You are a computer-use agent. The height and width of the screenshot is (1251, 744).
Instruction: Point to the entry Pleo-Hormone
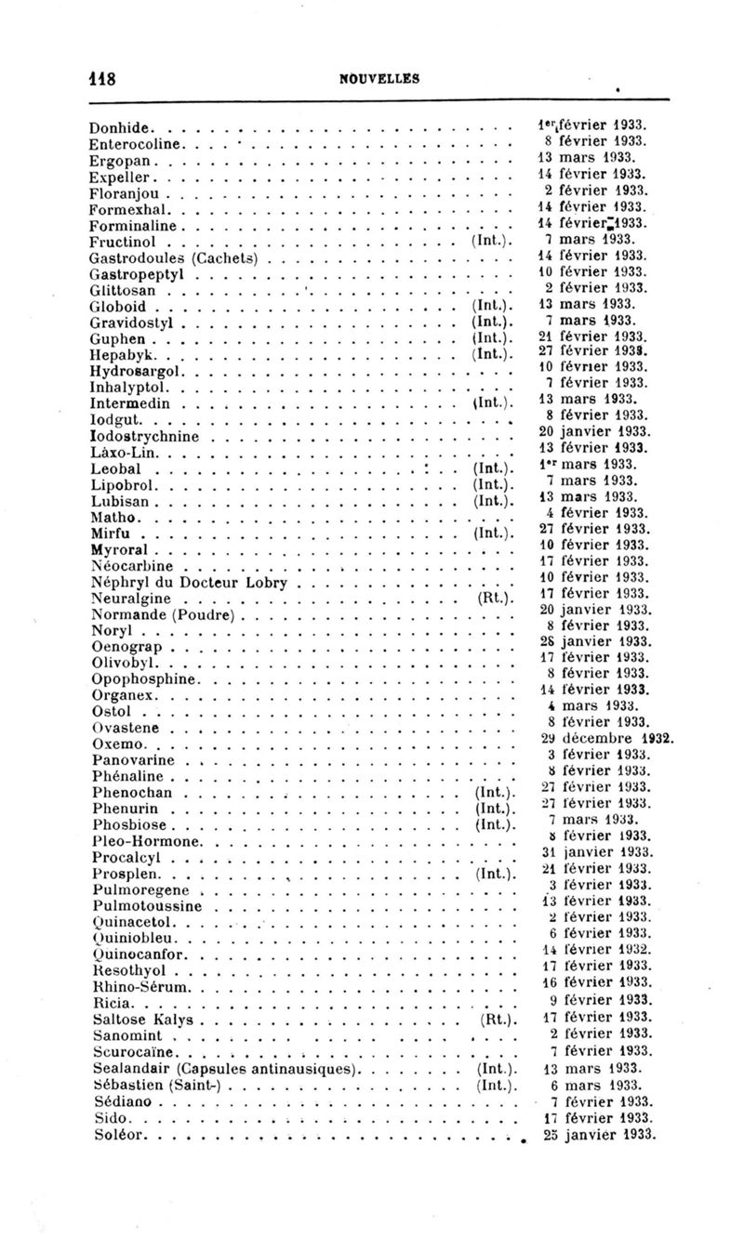coord(140,841)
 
